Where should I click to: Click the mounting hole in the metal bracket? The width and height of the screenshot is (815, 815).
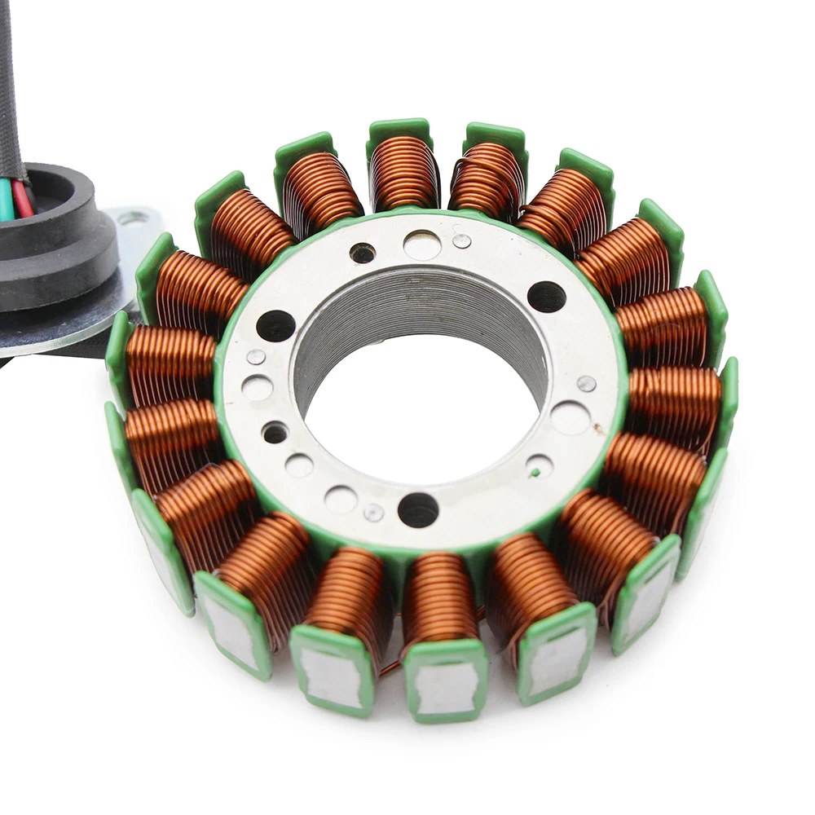(133, 218)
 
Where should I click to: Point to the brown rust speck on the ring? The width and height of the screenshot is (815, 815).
(600, 427)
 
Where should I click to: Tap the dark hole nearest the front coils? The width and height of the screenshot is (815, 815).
(418, 509)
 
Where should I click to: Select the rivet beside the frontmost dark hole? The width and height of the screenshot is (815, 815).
(374, 512)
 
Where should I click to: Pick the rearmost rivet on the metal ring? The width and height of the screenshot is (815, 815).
(462, 240)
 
